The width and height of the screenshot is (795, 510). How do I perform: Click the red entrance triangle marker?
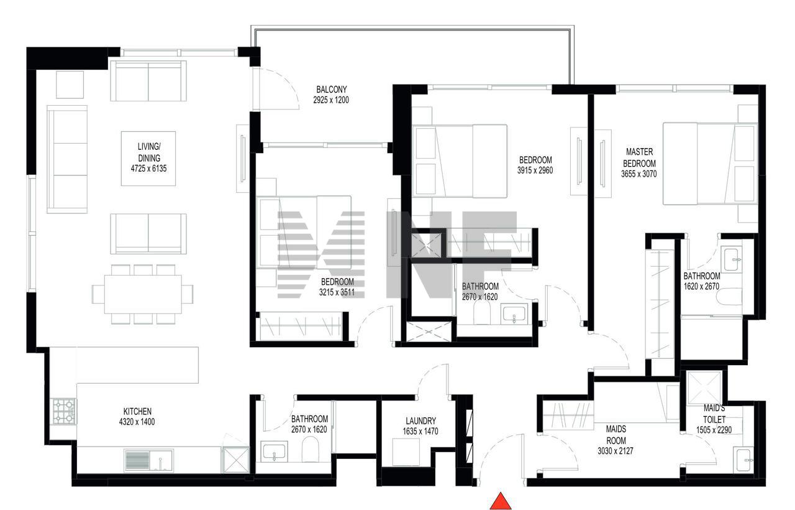501,501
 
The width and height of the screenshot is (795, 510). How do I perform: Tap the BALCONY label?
332,89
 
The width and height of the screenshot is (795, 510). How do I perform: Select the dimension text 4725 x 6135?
148,169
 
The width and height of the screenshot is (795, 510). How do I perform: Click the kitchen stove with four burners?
64,411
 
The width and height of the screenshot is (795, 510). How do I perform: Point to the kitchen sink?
148,461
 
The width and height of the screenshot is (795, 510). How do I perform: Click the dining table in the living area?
143,294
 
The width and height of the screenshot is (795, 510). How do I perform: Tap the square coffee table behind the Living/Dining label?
148,159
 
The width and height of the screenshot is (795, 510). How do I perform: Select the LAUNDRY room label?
420,421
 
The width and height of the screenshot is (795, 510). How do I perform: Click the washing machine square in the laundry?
406,452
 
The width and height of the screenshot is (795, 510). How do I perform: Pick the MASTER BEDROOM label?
639,158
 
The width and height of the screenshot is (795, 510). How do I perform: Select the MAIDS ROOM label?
616,435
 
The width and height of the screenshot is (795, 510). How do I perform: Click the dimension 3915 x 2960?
535,170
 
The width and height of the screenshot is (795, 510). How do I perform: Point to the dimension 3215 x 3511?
337,292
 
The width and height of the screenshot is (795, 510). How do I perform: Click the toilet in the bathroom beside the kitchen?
310,449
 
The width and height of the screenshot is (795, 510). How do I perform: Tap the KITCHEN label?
137,412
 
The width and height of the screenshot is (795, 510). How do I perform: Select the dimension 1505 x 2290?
714,430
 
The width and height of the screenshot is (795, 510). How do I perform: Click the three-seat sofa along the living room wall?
67,159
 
